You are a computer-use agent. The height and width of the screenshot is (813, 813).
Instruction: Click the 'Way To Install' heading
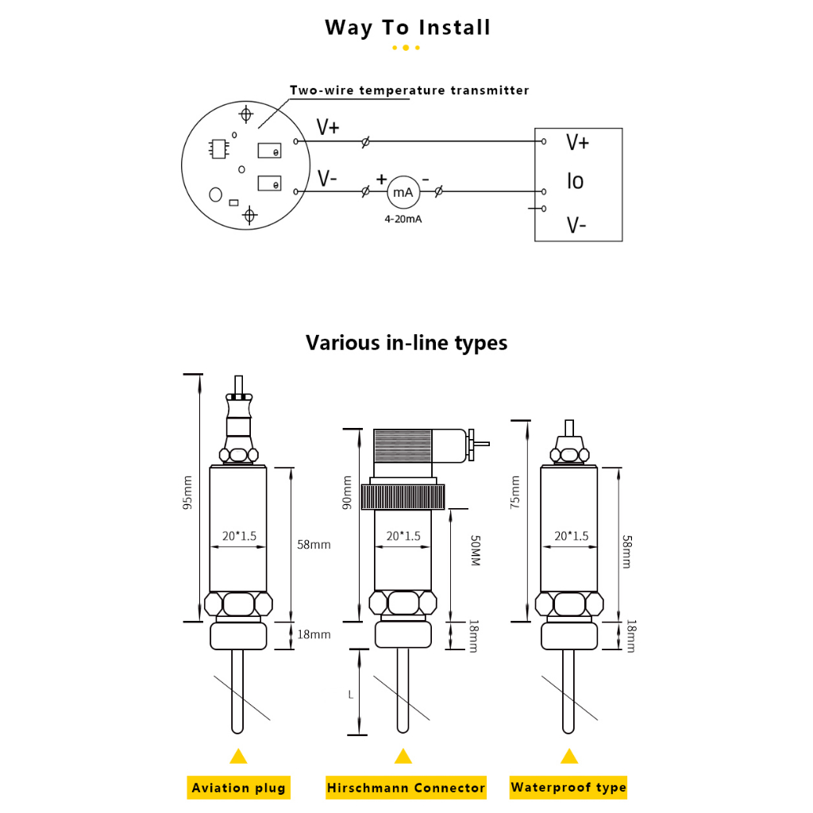[x=407, y=28]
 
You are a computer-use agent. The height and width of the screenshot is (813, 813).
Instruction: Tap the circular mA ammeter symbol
[x=403, y=191]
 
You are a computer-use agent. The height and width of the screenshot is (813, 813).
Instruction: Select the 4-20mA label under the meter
[x=403, y=218]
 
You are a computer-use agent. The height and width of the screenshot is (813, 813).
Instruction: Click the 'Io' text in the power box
[x=575, y=182]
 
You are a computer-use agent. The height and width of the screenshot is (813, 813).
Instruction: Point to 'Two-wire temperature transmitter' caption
[x=409, y=91]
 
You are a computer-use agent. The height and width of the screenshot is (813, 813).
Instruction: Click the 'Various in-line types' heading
[x=406, y=343]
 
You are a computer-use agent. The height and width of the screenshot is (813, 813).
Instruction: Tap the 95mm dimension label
[x=187, y=492]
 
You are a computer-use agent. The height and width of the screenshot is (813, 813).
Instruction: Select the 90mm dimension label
[x=346, y=492]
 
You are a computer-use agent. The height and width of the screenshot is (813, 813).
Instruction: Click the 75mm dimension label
[x=515, y=491]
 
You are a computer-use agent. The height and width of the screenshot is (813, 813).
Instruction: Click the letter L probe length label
[x=351, y=694]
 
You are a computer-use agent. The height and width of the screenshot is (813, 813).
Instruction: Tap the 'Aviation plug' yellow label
[x=238, y=788]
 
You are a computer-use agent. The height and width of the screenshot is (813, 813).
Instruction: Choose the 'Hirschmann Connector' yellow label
[x=406, y=788]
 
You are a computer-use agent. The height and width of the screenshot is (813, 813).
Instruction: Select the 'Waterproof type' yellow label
[x=568, y=788]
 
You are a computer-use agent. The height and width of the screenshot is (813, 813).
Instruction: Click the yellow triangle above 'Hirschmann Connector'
[x=403, y=756]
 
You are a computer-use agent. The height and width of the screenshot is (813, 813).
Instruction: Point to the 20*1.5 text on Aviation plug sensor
[x=238, y=536]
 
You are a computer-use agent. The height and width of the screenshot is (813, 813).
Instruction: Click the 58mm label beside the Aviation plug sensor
[x=313, y=545]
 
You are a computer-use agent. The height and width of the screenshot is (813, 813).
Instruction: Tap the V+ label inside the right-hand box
[x=577, y=143]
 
